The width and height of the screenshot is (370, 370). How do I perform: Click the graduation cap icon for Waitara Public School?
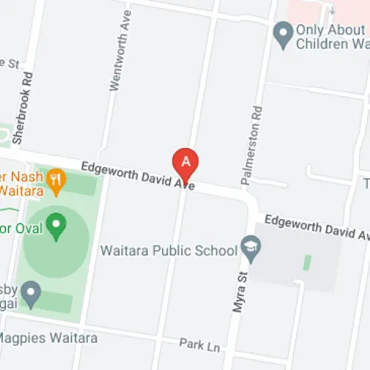coord(252,249)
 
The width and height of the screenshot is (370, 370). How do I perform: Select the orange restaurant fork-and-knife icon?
coord(55,178)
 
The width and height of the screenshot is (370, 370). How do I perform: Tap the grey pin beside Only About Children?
coord(282,33)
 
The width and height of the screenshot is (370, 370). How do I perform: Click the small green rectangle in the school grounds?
coord(306,262)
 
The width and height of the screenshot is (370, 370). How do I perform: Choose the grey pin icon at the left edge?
coord(30,293)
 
